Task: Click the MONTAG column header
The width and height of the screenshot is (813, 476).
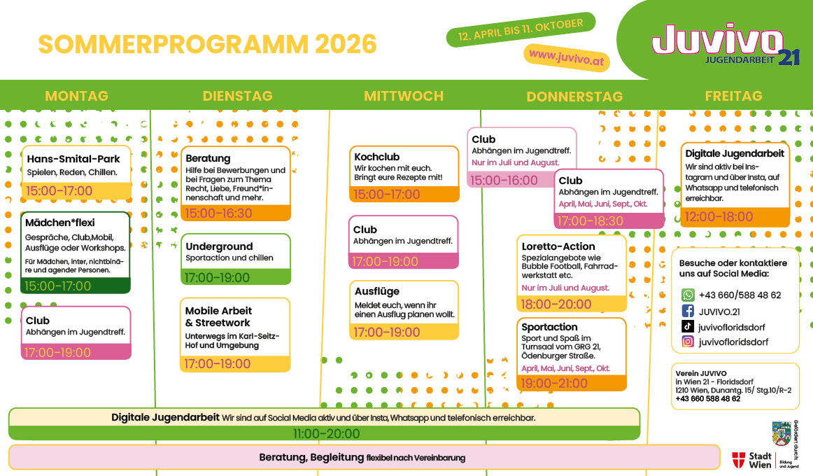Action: (x=77, y=96)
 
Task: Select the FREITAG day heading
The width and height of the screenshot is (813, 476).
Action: (x=734, y=96)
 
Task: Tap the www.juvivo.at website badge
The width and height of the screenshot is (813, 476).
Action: (x=567, y=57)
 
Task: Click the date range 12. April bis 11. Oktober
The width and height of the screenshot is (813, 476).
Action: (x=521, y=29)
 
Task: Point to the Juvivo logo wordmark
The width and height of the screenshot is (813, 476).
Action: (x=718, y=39)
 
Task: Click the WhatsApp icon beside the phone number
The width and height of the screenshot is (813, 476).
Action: (x=688, y=295)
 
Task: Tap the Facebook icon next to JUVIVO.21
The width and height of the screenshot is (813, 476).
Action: (x=688, y=311)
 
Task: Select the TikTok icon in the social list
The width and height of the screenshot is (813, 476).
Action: (x=688, y=327)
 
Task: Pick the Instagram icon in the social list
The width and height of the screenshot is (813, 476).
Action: (x=688, y=342)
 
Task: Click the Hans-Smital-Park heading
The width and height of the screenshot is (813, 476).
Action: (x=73, y=159)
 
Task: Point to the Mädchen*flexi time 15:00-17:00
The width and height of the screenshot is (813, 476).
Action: (x=57, y=286)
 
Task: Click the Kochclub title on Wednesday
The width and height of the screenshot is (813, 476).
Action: (x=377, y=157)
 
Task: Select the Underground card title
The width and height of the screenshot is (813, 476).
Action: (x=219, y=247)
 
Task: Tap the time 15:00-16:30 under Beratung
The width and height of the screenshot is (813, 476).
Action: (x=218, y=213)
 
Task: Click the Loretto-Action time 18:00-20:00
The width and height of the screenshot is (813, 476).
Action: (x=556, y=304)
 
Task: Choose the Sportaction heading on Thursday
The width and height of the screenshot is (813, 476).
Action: (x=549, y=327)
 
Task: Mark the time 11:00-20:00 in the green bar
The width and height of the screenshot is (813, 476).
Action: (x=326, y=433)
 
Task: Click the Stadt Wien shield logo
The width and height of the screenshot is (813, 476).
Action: (x=738, y=459)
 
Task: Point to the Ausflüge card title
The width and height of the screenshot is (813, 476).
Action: (x=377, y=291)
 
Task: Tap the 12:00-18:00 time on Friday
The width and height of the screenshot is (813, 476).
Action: (x=719, y=217)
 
